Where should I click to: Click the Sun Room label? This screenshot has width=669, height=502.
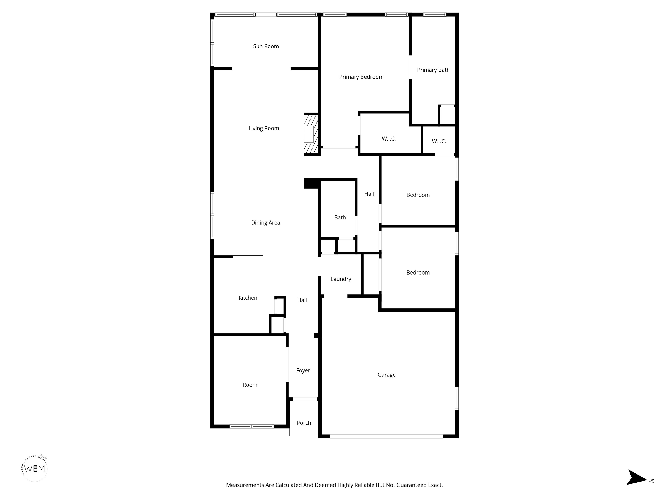coord(266,46)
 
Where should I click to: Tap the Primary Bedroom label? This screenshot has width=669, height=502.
coord(362,77)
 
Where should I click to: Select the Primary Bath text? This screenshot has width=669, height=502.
coord(433,70)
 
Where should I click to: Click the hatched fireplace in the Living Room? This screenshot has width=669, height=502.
coord(311,134)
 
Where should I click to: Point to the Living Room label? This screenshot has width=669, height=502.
coord(264,129)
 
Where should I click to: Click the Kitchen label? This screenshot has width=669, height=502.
coord(248,298)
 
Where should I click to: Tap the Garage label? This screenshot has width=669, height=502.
coord(387,375)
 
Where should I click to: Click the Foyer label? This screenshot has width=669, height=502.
coord(303,371)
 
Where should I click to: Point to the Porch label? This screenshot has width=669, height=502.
coord(304,423)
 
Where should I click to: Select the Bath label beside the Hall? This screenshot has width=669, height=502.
coord(340,218)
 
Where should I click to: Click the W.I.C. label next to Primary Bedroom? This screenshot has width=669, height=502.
coord(389,139)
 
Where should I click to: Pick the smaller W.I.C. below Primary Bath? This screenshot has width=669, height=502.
coord(439,141)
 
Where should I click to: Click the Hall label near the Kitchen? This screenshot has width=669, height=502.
coord(302,300)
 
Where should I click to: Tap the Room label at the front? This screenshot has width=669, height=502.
coord(250,385)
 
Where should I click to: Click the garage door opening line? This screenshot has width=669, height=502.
coord(387,436)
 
